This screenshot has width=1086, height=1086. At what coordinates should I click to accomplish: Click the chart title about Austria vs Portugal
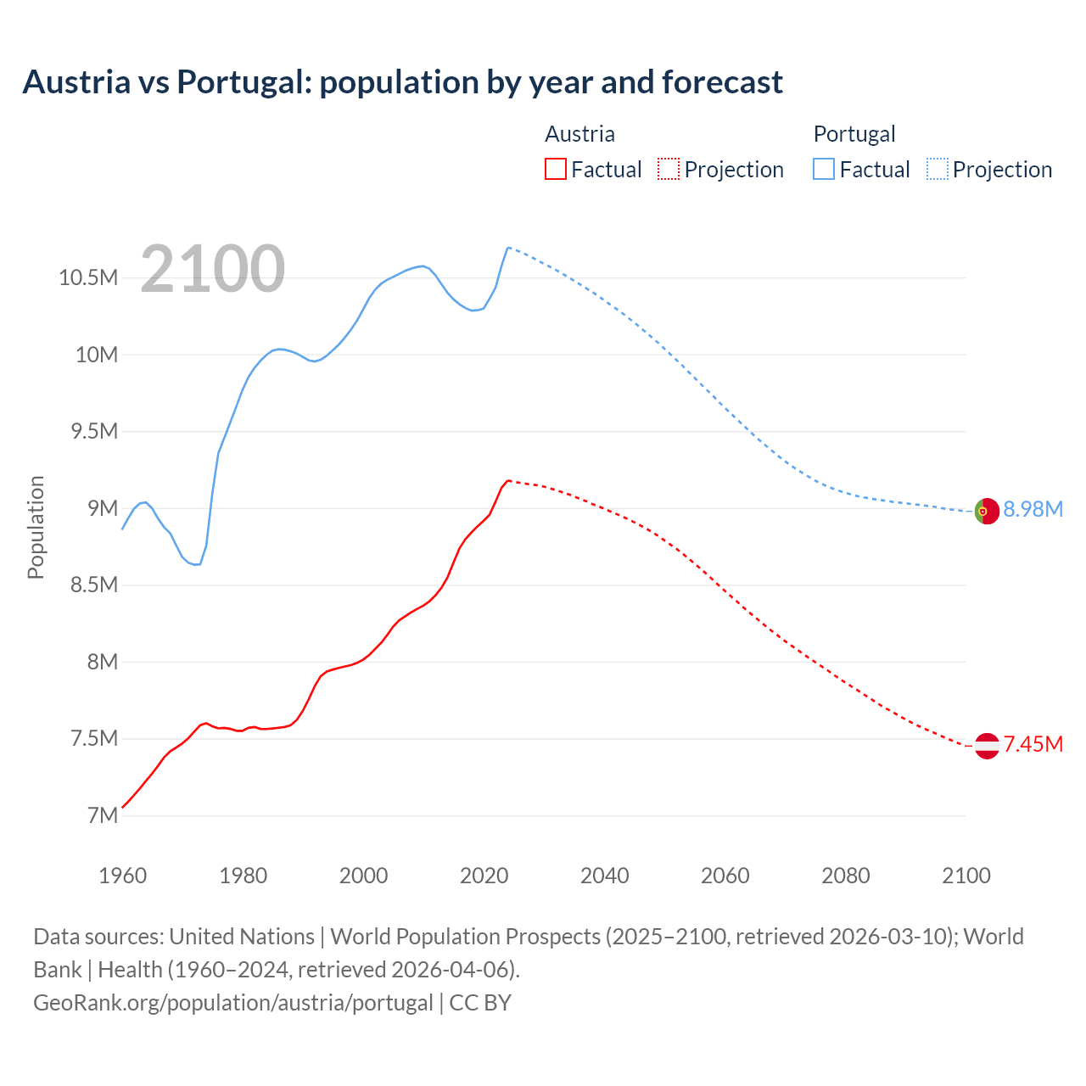click(x=402, y=82)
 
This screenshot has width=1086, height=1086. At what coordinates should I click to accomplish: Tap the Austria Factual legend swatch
click(x=555, y=169)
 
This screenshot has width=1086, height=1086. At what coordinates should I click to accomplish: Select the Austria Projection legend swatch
click(x=669, y=169)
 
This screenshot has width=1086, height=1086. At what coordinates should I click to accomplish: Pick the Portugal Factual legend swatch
click(x=824, y=169)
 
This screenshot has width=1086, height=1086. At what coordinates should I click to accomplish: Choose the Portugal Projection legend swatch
click(x=938, y=169)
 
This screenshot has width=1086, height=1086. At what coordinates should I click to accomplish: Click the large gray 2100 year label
click(x=212, y=269)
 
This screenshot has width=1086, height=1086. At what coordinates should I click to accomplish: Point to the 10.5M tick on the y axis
click(x=88, y=277)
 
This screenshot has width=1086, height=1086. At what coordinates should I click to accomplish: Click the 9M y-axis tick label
click(x=102, y=508)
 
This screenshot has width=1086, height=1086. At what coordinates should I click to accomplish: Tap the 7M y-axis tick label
click(x=102, y=815)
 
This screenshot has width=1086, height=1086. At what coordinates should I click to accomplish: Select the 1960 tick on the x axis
click(x=123, y=876)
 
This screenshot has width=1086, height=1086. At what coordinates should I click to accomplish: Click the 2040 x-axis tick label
click(x=604, y=876)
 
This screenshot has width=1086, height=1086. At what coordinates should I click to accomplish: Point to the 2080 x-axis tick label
click(x=845, y=876)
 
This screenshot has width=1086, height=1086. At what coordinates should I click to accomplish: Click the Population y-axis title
click(x=36, y=527)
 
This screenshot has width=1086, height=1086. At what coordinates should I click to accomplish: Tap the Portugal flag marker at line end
click(x=987, y=511)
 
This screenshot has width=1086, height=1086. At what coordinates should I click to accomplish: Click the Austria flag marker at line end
click(x=987, y=746)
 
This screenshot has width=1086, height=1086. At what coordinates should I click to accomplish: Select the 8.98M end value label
click(x=1033, y=509)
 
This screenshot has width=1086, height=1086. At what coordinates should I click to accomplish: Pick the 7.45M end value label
click(x=1033, y=744)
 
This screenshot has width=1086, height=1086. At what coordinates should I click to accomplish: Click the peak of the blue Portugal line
click(x=507, y=248)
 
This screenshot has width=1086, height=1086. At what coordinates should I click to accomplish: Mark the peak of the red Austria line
click(x=508, y=480)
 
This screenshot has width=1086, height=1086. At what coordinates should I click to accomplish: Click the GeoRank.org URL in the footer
click(x=233, y=1002)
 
